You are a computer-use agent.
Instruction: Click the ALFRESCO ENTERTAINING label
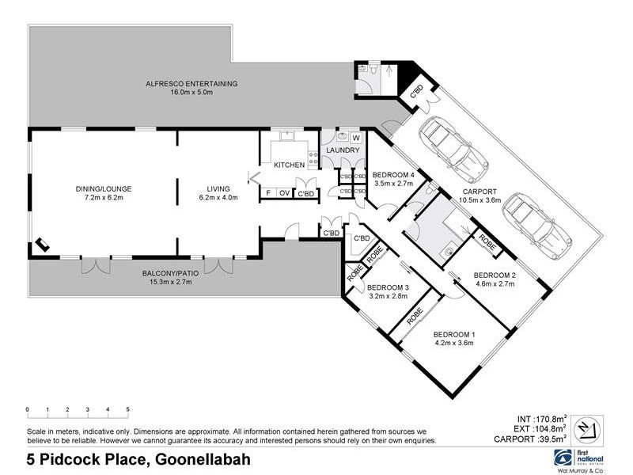point(191,83)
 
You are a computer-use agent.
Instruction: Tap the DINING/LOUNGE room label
point(103,188)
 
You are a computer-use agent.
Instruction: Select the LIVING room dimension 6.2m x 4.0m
point(218,198)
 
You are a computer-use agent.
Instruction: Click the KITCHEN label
point(289,165)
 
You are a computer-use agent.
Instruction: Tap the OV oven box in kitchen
point(284,192)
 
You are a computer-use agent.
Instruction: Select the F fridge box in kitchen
point(268,192)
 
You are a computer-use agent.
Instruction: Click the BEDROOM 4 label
point(393,174)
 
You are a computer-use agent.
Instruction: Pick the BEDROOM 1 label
point(454,334)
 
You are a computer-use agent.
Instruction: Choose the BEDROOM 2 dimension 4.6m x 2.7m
point(495,284)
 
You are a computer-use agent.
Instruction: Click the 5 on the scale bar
point(127,410)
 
